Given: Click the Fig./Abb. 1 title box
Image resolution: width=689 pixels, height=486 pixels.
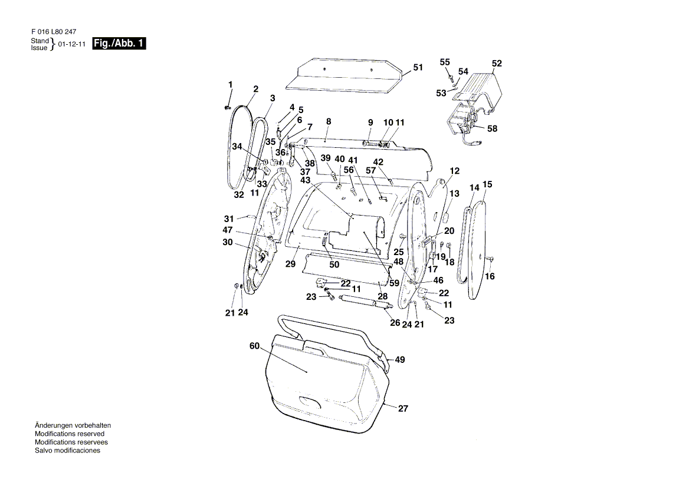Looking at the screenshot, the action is click(x=119, y=44).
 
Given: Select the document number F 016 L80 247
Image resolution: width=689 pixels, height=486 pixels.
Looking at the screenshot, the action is click(x=54, y=32).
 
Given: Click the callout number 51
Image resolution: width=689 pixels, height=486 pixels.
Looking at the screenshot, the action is click(x=418, y=67).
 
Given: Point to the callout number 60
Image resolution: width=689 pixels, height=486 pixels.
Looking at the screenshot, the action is click(x=254, y=346).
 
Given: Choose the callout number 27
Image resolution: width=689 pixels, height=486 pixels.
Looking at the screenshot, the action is click(x=403, y=408).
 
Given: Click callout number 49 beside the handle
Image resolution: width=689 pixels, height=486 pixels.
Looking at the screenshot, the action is click(x=400, y=360).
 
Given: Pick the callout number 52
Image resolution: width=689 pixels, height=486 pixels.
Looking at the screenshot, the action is click(x=497, y=63).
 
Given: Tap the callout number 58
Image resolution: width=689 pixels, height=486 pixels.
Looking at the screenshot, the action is click(x=492, y=128).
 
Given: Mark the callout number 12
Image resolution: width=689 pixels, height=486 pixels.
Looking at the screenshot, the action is click(x=454, y=171).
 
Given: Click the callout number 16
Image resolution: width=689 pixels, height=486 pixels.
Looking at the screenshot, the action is click(x=490, y=276).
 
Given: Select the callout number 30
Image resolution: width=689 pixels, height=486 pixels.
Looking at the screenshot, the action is click(x=228, y=242).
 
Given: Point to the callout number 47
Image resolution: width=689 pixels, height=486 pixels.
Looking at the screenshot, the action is click(x=228, y=230).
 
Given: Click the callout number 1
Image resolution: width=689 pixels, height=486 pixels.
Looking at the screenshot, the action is click(x=230, y=84).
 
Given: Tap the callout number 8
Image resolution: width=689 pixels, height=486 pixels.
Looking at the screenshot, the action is click(x=329, y=121).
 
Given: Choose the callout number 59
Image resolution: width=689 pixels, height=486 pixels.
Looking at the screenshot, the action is click(x=394, y=283).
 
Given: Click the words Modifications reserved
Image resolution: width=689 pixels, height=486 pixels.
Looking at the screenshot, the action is click(x=70, y=434).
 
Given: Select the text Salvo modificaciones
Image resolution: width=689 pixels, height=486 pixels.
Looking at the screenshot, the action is click(x=67, y=451).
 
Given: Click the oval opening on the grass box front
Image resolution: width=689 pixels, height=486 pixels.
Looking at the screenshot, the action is click(x=310, y=401).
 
